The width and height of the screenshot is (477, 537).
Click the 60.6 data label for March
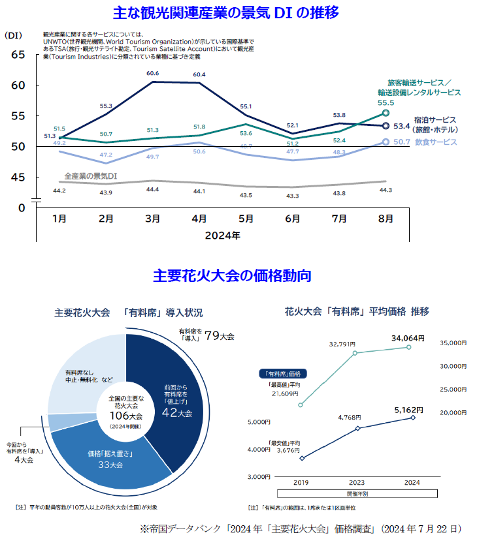point(153,73)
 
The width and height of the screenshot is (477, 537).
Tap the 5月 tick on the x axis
point(246,219)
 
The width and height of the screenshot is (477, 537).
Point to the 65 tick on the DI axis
point(18,55)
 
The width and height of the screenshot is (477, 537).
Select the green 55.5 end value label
point(386,102)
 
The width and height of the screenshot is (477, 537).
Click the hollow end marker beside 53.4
point(386,127)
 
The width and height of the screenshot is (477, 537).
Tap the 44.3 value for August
point(386,190)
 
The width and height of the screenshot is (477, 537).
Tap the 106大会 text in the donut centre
point(125,415)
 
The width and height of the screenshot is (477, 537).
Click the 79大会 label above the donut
point(219,337)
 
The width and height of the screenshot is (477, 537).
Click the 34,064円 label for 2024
point(408,338)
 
